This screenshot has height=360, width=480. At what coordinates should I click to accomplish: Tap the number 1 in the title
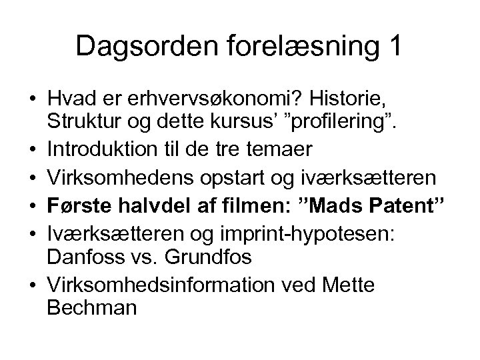click(393, 46)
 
